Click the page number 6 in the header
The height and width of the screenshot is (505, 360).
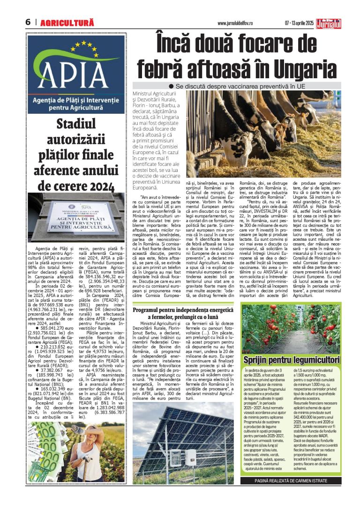(28, 22)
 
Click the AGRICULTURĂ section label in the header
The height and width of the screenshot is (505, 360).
(67, 22)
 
